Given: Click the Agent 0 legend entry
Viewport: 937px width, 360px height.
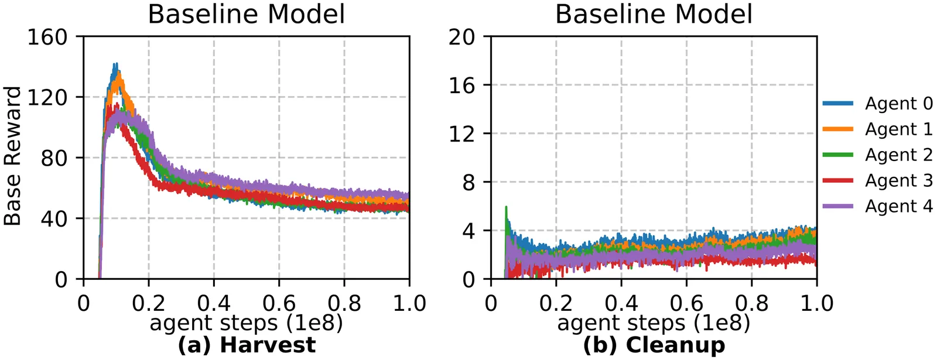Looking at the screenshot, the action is (x=877, y=103).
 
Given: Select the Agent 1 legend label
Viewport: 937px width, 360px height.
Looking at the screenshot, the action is (x=877, y=129).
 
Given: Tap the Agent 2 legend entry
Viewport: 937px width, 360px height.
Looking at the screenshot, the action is (x=877, y=155).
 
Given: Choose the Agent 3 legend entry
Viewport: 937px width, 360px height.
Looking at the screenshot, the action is (x=877, y=181).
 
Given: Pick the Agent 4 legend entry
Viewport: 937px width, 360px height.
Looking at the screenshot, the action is (x=877, y=206).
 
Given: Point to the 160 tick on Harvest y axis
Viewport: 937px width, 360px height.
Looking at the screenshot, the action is (x=47, y=37).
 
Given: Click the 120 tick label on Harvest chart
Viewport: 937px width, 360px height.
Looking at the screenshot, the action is (x=47, y=98).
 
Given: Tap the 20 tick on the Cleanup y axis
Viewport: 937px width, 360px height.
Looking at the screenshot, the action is (x=462, y=37).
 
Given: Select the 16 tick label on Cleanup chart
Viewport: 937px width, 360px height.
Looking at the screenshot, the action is (x=462, y=85).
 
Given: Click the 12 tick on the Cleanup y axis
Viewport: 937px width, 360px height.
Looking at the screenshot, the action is (x=462, y=134).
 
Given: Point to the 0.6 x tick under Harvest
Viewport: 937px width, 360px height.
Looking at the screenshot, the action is (x=279, y=303).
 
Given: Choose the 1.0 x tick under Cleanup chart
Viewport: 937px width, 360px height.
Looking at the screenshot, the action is (x=816, y=303).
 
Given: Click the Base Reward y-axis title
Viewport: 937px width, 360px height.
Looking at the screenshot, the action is (x=12, y=156).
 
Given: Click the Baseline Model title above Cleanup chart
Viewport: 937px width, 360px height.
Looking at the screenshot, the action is (x=654, y=14).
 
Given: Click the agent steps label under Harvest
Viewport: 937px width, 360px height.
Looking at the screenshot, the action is (x=246, y=323).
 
